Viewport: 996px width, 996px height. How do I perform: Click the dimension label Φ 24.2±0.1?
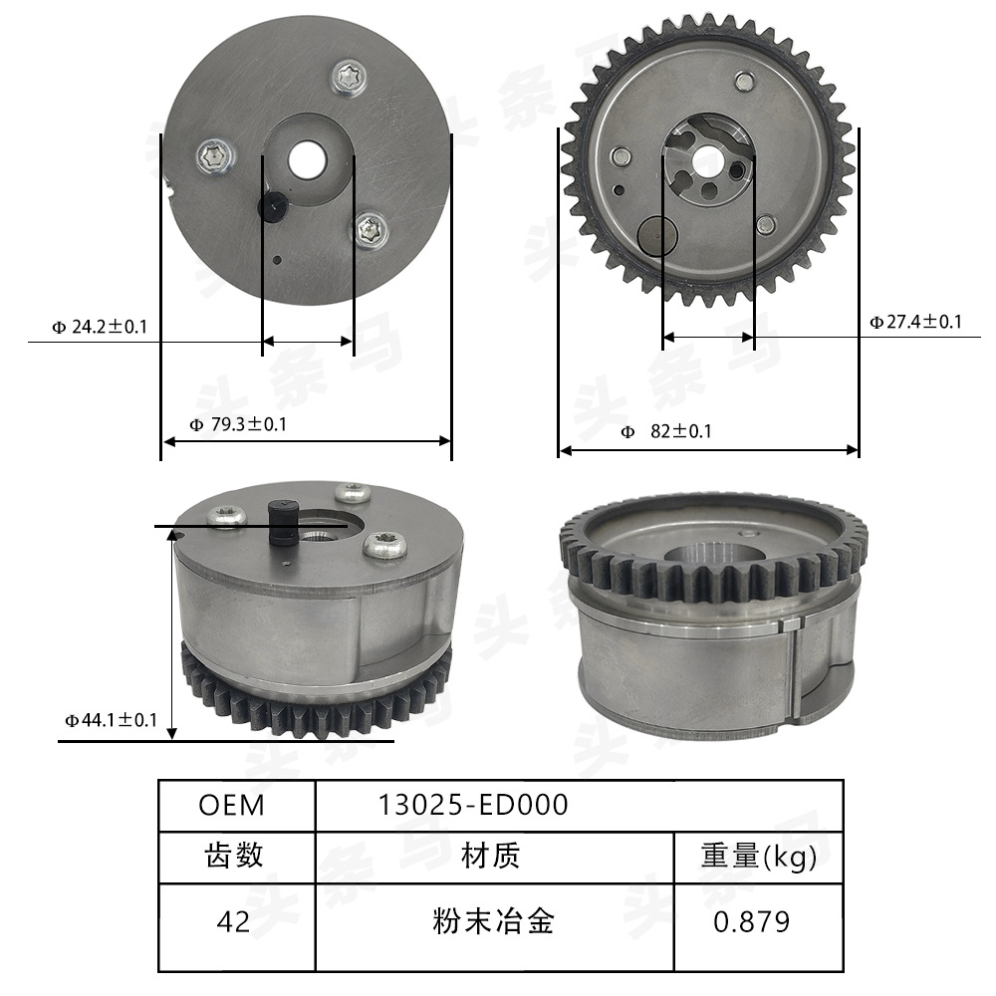pyautogui.click(x=99, y=326)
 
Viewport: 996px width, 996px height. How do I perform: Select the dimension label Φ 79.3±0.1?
pyautogui.click(x=238, y=425)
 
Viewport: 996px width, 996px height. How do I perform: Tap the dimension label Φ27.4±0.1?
pyautogui.click(x=915, y=322)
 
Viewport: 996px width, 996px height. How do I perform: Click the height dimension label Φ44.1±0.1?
pyautogui.click(x=111, y=719)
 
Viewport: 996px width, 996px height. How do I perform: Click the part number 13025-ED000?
pyautogui.click(x=473, y=805)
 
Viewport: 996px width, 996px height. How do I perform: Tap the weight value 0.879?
pyautogui.click(x=752, y=922)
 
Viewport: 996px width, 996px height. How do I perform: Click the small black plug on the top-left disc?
pyautogui.click(x=273, y=206)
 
